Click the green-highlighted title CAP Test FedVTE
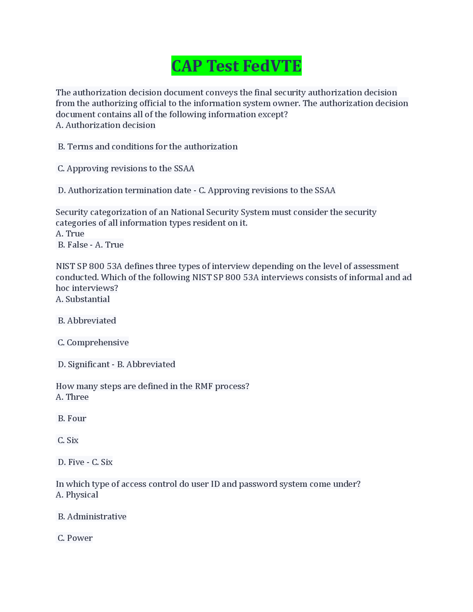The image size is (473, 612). tap(236, 66)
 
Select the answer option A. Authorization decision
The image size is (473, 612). tap(105, 125)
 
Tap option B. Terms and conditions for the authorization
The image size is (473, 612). tap(147, 147)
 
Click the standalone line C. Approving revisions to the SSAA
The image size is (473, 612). tap(126, 168)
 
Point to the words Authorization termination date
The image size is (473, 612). tap(130, 190)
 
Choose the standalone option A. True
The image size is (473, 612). tap(70, 234)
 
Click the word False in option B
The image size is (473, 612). tap(78, 245)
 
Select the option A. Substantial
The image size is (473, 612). tap(83, 299)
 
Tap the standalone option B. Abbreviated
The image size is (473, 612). tap(87, 321)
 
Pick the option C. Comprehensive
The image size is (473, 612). tap(93, 343)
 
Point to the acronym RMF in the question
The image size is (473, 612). tap(204, 386)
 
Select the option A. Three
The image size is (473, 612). tap(72, 397)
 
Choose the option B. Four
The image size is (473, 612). tap(72, 418)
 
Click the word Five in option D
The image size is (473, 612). tap(76, 462)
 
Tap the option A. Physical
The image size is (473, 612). tap(77, 495)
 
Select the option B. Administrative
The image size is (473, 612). tap(92, 517)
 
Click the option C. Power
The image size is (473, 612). tap(75, 538)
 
